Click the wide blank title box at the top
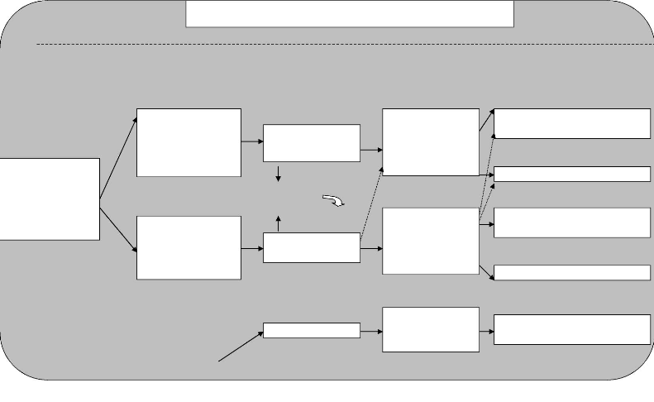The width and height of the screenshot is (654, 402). [x=350, y=14]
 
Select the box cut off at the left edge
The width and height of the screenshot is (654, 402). [x=50, y=199]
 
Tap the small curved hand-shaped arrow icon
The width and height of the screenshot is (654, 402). [x=334, y=200]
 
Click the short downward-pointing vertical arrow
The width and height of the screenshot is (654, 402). [x=279, y=174]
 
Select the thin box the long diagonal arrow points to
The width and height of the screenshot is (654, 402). [x=311, y=330]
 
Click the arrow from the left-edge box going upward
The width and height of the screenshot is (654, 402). [x=118, y=157]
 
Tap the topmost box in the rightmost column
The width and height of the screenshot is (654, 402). [x=571, y=123]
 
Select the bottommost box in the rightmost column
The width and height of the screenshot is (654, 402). [x=571, y=329]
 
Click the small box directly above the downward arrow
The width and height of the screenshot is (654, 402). [x=311, y=142]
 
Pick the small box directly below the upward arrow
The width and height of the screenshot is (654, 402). [x=311, y=247]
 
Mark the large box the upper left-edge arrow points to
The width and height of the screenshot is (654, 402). [x=189, y=142]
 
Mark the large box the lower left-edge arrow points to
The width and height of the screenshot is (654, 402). [x=189, y=247]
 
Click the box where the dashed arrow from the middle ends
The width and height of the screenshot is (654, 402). [x=430, y=141]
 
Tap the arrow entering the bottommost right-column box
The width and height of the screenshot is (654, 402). [x=486, y=330]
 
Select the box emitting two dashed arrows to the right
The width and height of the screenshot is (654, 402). [x=430, y=241]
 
